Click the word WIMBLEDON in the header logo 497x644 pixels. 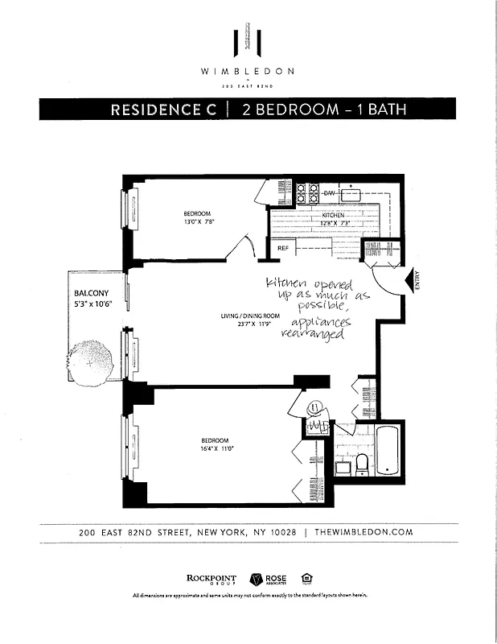click(248, 71)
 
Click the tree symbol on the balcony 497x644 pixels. click(93, 359)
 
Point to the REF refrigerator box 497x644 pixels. click(283, 249)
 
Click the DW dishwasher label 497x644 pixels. click(329, 194)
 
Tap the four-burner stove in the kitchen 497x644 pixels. click(306, 192)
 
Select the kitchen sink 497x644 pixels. click(351, 194)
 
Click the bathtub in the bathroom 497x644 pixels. click(388, 452)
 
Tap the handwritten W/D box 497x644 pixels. click(316, 425)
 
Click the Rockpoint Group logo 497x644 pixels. click(210, 578)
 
